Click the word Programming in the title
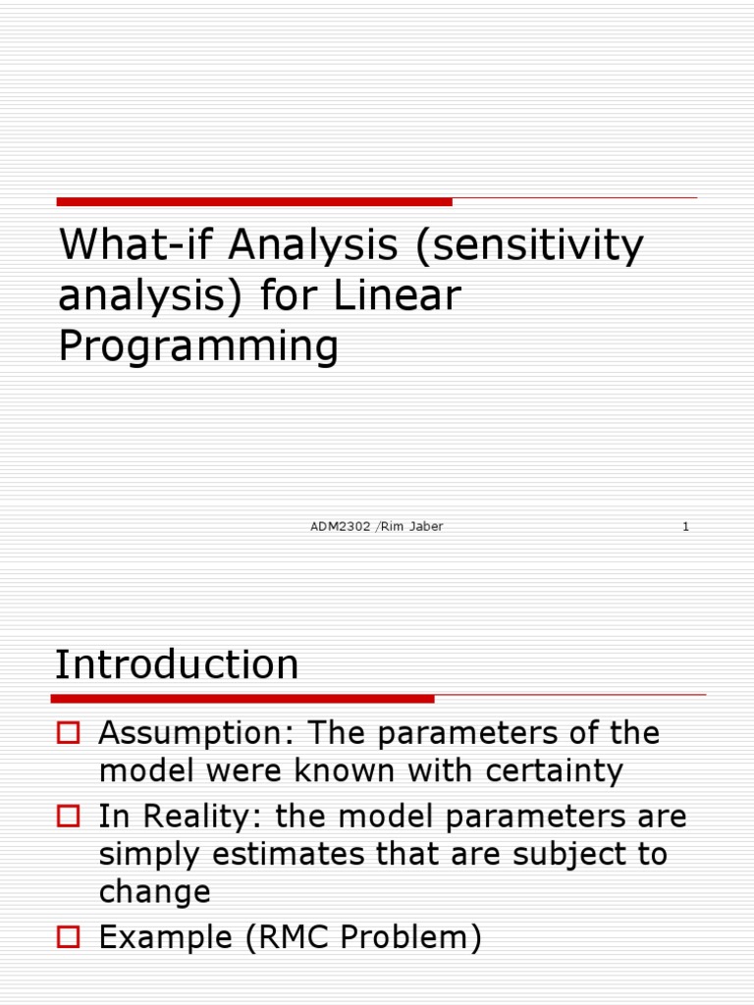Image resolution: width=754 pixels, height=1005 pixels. [x=198, y=346]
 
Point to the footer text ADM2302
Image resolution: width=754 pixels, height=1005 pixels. [x=340, y=527]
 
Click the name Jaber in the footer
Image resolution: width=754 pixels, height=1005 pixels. [x=426, y=527]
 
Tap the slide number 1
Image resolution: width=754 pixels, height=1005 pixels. [x=685, y=527]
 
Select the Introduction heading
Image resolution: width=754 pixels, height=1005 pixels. [x=177, y=665]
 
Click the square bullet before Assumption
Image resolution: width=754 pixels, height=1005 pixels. [x=68, y=731]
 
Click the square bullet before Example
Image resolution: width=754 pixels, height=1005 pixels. [x=68, y=937]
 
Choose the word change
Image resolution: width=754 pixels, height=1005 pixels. [x=154, y=891]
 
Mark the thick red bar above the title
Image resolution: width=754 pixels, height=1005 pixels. [x=254, y=201]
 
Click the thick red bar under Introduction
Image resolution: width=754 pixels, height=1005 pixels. [x=242, y=699]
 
